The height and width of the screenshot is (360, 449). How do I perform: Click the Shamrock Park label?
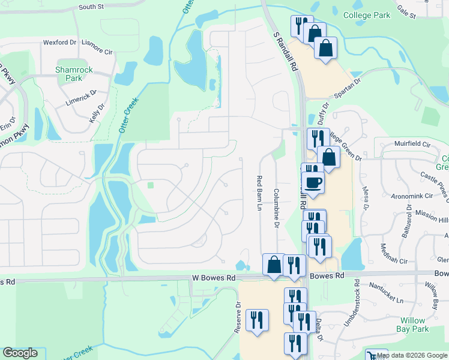click(73, 74)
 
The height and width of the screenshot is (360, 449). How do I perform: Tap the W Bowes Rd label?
click(214, 278)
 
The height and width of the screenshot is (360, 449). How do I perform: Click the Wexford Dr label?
click(59, 43)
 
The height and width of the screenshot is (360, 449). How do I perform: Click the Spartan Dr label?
click(348, 86)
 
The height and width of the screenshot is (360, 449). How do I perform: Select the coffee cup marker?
click(313, 182)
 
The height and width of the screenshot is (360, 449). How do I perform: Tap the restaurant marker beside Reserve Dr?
click(257, 320)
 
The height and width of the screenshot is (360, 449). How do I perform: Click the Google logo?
click(20, 353)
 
